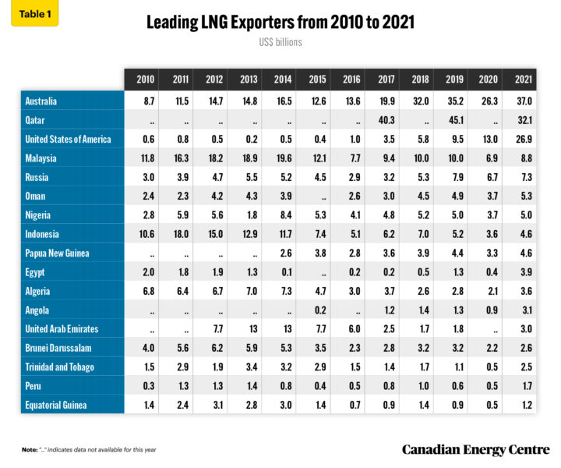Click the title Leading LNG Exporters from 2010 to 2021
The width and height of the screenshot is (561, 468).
pyautogui.click(x=280, y=23)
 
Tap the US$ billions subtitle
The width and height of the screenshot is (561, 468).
pyautogui.click(x=280, y=42)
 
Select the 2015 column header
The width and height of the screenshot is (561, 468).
pyautogui.click(x=316, y=80)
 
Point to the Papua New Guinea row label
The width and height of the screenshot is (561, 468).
pyautogui.click(x=58, y=252)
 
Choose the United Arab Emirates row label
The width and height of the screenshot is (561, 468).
pyautogui.click(x=62, y=328)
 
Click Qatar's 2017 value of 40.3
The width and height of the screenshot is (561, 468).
pyautogui.click(x=385, y=120)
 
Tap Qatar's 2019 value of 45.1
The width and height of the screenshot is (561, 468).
pyautogui.click(x=453, y=120)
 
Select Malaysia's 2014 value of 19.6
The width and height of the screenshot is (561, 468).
pyautogui.click(x=282, y=158)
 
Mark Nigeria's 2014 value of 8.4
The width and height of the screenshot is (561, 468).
pyautogui.click(x=282, y=214)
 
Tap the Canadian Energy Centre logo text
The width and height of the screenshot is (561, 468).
pyautogui.click(x=475, y=449)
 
